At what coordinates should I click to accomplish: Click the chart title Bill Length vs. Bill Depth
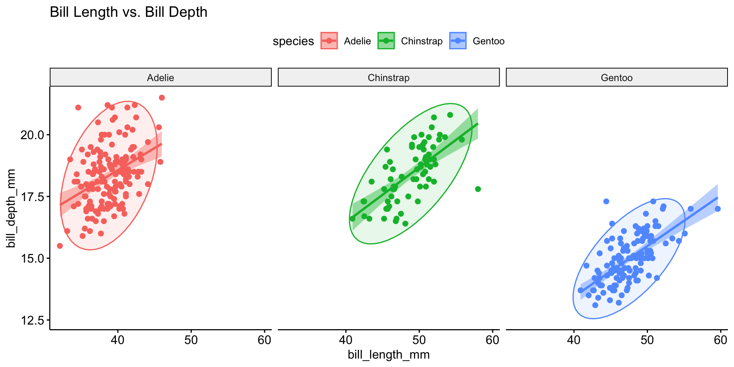[x=128, y=12]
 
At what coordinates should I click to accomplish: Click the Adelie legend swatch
[x=329, y=41]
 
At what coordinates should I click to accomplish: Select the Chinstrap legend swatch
[x=386, y=41]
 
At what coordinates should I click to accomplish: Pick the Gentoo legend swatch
[x=458, y=41]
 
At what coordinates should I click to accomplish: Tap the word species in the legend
[x=293, y=41]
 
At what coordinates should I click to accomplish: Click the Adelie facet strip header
[x=161, y=78]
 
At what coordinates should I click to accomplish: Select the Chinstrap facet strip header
[x=388, y=78]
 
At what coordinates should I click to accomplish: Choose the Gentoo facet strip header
[x=617, y=78]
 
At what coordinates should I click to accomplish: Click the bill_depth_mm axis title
[x=11, y=208]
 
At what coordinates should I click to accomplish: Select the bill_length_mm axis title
[x=388, y=355]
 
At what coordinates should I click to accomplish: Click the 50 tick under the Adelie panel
[x=191, y=340]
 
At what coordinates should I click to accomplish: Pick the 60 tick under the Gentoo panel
[x=721, y=340]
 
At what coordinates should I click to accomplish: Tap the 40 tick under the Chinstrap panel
[x=346, y=340]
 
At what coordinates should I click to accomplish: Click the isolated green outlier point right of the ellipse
[x=478, y=189]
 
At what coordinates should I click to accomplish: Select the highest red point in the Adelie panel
[x=162, y=98]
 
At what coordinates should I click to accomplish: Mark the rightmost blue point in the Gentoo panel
[x=718, y=209]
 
